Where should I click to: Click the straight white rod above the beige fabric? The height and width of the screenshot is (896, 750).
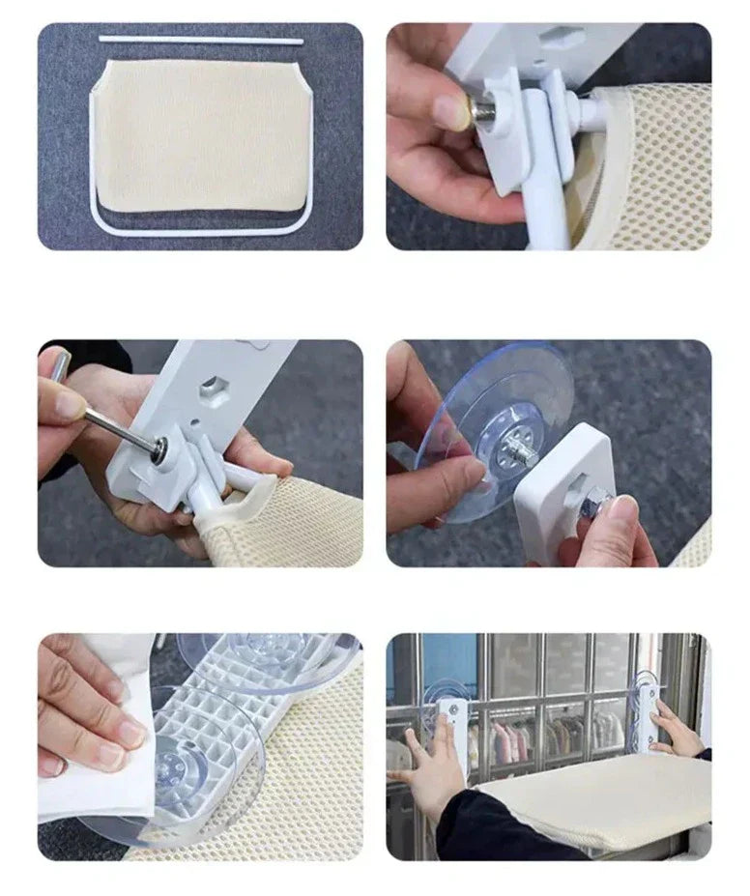click(x=201, y=41)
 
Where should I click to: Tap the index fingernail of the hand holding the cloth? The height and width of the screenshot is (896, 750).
click(x=129, y=735)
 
